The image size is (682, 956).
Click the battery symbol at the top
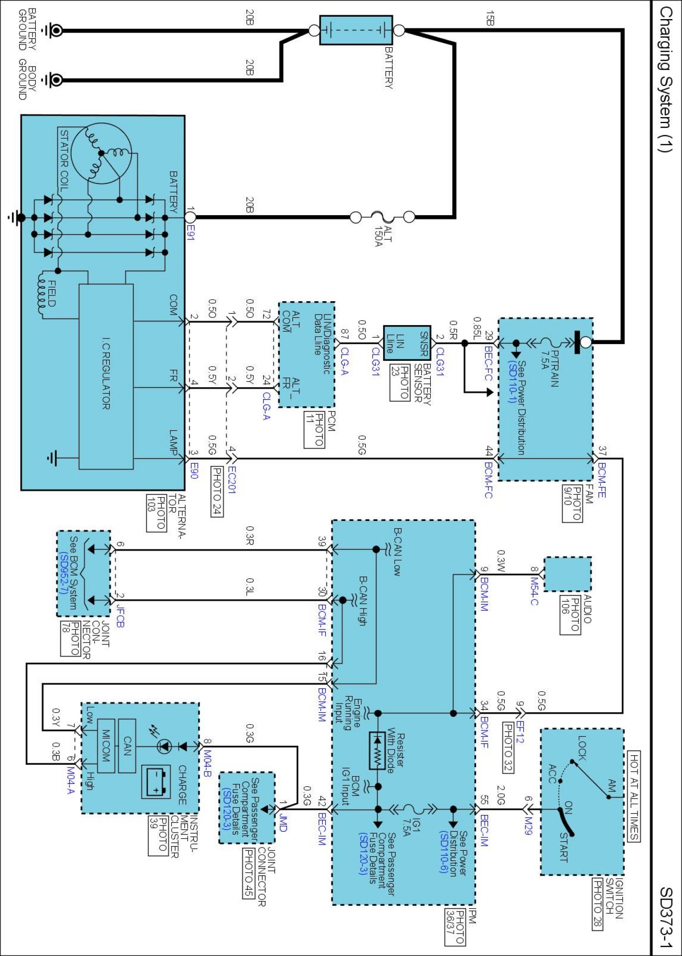coord(356,30)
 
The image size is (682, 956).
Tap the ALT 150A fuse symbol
coord(383,217)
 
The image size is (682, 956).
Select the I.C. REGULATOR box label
coord(106,374)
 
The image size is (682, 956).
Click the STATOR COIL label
coord(64,159)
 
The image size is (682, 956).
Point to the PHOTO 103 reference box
coord(156,513)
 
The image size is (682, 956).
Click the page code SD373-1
coord(666,918)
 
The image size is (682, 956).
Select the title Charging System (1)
coord(666,79)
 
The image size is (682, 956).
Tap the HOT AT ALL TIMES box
coord(633,796)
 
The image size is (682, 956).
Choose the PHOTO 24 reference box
coord(217,491)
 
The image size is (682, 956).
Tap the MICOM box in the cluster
coord(106,746)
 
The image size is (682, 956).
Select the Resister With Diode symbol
coord(377,750)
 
